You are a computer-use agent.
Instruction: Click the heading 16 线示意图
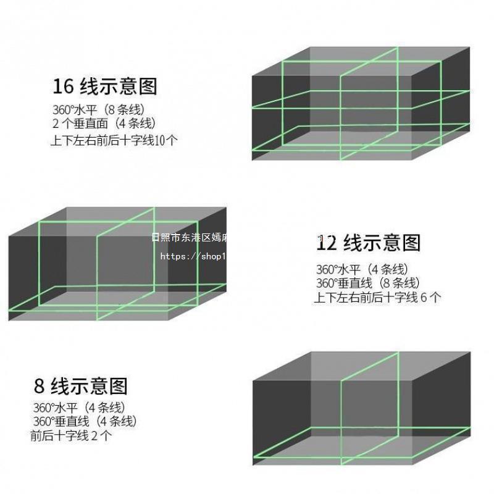(105, 86)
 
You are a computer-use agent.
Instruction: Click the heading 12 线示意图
(369, 243)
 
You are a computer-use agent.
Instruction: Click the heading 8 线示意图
(81, 387)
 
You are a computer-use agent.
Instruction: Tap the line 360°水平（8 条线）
(98, 110)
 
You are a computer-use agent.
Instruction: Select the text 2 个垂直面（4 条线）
(104, 124)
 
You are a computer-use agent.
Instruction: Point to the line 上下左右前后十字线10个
(114, 140)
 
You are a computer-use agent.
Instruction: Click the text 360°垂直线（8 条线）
(368, 283)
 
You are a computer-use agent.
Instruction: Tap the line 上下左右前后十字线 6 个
(377, 298)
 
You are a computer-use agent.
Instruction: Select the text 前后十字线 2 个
(71, 436)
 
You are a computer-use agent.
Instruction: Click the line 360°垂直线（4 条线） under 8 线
(85, 422)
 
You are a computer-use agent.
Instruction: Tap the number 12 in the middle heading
(327, 243)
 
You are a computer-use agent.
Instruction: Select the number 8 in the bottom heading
(40, 387)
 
